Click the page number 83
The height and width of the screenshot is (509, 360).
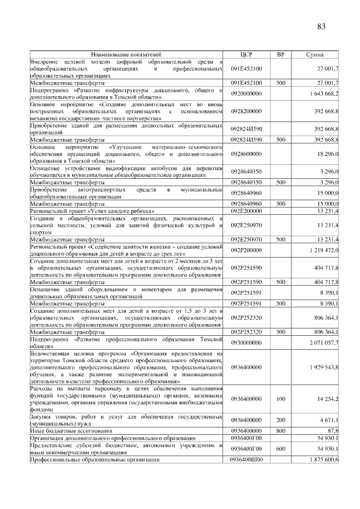tap(321, 26)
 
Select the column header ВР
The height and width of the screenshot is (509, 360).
tap(281, 54)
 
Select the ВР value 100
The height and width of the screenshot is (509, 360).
tap(281, 399)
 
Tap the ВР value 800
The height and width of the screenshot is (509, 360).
tap(281, 430)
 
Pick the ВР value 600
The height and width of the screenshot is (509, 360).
tap(281, 448)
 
